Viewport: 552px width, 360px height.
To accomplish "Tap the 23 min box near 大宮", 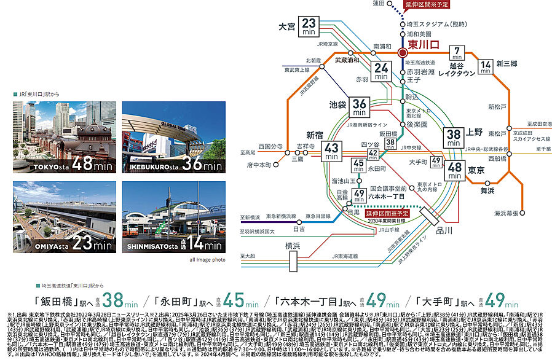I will [310, 27].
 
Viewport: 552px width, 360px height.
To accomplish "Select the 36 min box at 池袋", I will [360, 107].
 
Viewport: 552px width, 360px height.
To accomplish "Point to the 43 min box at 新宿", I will [332, 151].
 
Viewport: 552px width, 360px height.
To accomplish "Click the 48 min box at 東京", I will [456, 170].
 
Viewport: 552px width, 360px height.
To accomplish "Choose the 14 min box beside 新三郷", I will [486, 66].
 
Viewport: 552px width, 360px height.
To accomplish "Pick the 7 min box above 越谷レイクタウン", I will [457, 52].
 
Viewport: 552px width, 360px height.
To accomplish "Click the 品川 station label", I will [435, 231].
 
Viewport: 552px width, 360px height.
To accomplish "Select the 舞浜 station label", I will [487, 191].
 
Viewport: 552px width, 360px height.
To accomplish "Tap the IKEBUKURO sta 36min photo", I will [173, 137].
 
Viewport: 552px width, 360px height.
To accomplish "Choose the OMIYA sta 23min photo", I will [64, 217].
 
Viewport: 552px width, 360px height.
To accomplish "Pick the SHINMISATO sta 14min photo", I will [173, 217].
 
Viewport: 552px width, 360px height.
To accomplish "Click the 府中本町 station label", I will [259, 165].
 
